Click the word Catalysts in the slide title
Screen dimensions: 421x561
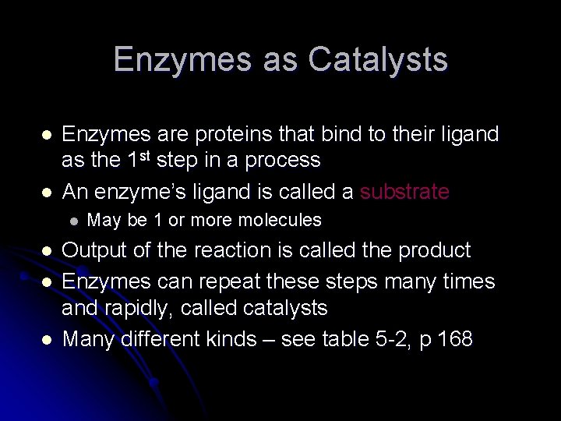click(x=378, y=60)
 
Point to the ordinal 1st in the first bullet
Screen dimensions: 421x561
click(x=138, y=159)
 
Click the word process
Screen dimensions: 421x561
click(x=282, y=161)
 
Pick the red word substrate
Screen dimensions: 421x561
click(x=404, y=192)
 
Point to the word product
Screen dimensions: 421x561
click(x=434, y=250)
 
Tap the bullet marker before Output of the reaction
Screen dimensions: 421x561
click(x=47, y=251)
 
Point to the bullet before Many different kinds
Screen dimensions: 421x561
click(x=47, y=340)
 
